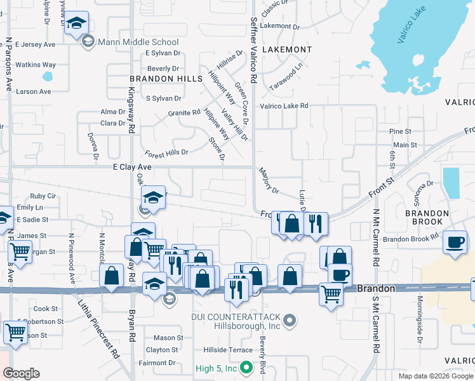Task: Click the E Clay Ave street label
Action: [132, 166]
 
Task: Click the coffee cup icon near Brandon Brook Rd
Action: [455, 243]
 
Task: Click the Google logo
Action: [21, 373]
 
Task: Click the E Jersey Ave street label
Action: [36, 44]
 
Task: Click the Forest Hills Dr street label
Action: [166, 153]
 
